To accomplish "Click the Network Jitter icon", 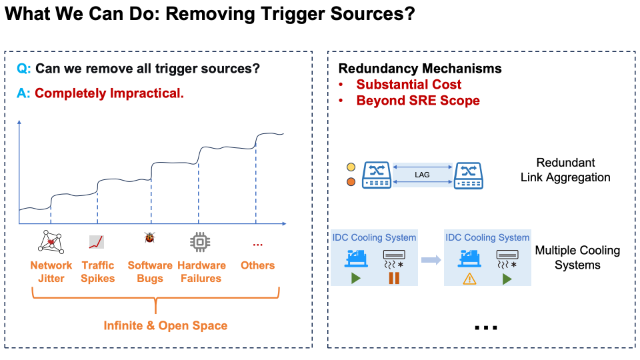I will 51,241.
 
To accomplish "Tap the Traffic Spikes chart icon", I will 97,241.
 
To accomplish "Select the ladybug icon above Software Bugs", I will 149,238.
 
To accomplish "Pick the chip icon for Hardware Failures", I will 199,241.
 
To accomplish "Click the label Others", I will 257,265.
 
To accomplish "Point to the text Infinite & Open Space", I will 165,326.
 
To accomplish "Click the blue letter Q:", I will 24,68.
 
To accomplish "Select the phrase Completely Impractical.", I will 109,93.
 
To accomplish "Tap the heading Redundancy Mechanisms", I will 420,68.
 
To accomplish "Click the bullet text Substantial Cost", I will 409,85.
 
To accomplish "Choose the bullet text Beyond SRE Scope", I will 418,101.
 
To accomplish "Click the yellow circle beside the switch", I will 351,167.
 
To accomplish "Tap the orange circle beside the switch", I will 351,182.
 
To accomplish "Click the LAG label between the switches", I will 422,175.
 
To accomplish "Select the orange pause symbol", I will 394,278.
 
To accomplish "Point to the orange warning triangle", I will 470,279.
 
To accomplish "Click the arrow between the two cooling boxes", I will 431,259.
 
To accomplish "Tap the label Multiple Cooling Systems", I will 577,257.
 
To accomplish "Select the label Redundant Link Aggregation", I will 565,170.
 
